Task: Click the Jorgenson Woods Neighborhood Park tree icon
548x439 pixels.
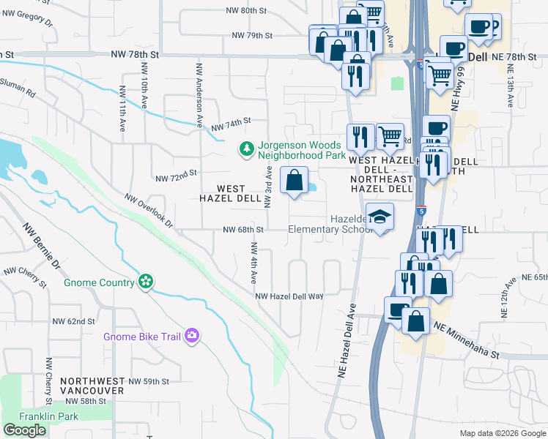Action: coord(247,149)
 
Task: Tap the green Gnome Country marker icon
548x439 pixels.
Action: coord(146,282)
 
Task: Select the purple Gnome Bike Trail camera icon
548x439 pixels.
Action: coord(192,336)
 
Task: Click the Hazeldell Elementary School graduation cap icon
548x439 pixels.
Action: coord(380,217)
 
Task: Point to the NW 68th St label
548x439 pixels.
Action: coord(242,229)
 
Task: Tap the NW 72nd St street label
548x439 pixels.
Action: coord(177,176)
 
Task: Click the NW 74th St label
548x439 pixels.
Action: coord(231,123)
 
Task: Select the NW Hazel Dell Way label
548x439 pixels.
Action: coord(289,296)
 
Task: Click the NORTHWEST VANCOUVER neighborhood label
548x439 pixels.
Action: coord(93,386)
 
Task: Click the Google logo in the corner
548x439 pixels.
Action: coord(24,430)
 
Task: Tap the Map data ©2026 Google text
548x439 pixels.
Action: coord(502,433)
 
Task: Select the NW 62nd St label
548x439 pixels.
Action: coord(74,321)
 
